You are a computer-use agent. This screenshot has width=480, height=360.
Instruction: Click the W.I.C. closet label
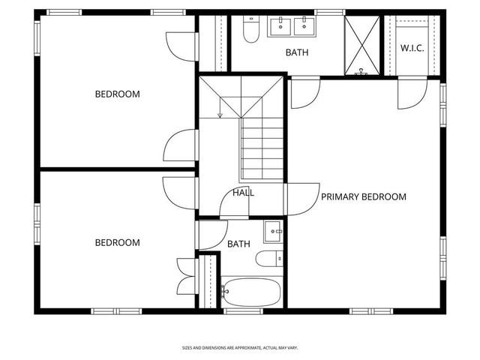(x=413, y=47)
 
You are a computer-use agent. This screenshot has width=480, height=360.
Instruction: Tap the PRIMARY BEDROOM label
(x=364, y=197)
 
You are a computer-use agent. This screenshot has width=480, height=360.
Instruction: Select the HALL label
(x=243, y=193)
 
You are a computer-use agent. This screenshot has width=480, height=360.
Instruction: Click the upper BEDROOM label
(x=117, y=94)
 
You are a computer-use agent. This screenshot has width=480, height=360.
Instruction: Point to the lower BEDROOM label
(x=117, y=243)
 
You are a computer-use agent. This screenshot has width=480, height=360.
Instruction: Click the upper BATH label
(x=297, y=53)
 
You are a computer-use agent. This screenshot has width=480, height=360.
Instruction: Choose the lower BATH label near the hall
(x=238, y=244)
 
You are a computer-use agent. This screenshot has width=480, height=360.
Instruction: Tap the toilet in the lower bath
(x=268, y=259)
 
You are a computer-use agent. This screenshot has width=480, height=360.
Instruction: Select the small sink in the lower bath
(x=274, y=232)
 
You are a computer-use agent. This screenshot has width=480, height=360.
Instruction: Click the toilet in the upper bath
(x=251, y=30)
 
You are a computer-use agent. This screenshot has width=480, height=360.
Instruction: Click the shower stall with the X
(x=362, y=45)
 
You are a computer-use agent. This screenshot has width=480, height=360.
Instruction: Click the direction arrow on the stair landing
(x=220, y=114)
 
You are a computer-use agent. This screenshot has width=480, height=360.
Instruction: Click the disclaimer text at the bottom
(x=240, y=348)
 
